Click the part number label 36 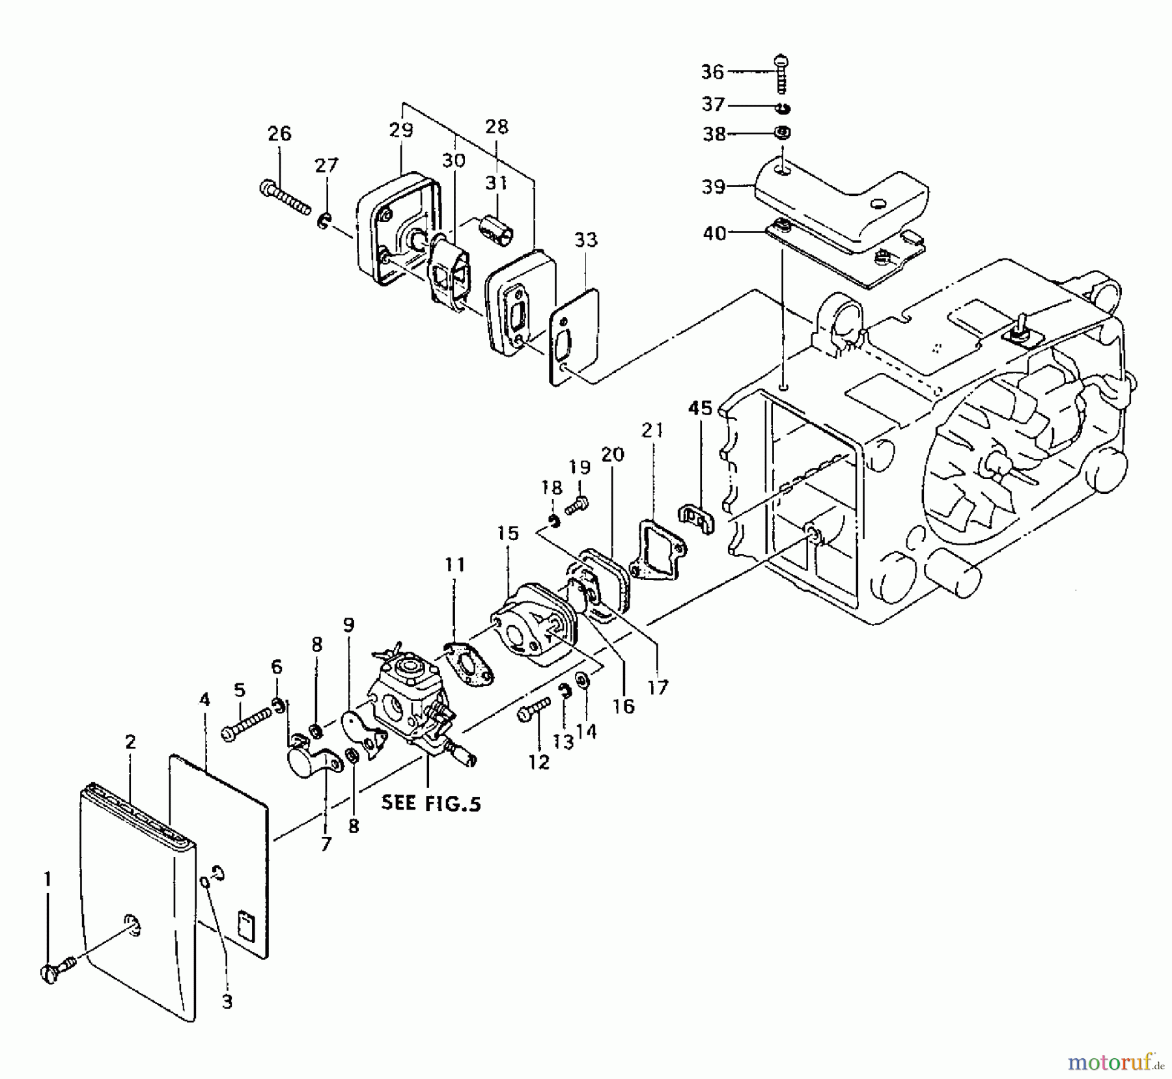click(x=712, y=72)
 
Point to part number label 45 click(x=701, y=408)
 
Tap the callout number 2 click(x=131, y=743)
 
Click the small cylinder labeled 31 click(x=496, y=228)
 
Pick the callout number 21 click(x=653, y=431)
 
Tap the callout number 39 click(x=714, y=187)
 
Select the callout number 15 click(x=508, y=534)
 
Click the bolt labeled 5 click(x=247, y=724)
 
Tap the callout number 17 click(x=658, y=688)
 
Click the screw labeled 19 click(x=577, y=505)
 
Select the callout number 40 click(x=715, y=232)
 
